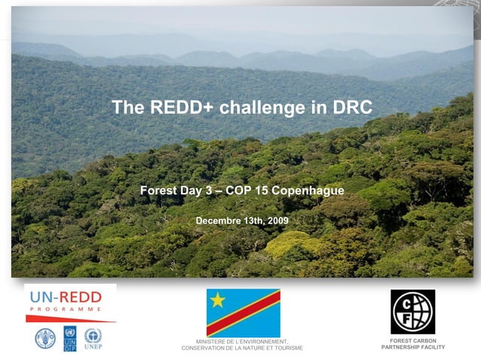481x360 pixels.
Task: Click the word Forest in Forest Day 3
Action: pyautogui.click(x=158, y=191)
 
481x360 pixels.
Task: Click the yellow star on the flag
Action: pyautogui.click(x=218, y=301)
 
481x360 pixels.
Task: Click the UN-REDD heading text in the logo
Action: pyautogui.click(x=70, y=296)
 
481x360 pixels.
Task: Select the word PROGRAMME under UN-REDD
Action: pyautogui.click(x=67, y=310)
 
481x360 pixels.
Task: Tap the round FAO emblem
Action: pyautogui.click(x=45, y=338)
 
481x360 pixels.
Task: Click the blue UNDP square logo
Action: pyautogui.click(x=69, y=338)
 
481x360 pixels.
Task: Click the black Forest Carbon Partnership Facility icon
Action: pyautogui.click(x=412, y=311)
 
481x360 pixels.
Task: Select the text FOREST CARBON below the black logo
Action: pyautogui.click(x=413, y=340)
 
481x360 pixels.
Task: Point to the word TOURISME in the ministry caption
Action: pyautogui.click(x=288, y=348)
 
